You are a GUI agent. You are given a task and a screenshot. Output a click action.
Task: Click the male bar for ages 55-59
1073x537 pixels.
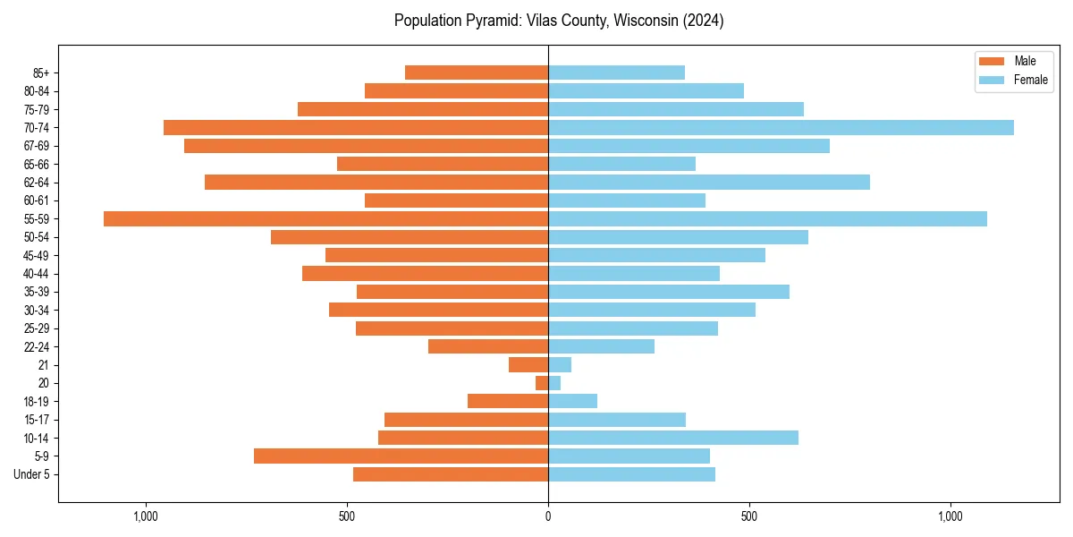coord(325,219)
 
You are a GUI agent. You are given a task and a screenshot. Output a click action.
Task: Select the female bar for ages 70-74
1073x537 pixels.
coord(781,128)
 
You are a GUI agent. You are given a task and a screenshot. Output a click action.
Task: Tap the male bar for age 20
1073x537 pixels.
coord(542,383)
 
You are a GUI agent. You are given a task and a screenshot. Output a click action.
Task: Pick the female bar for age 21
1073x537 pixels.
coord(560,365)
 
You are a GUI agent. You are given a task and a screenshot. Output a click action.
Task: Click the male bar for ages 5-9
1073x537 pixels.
coord(401,456)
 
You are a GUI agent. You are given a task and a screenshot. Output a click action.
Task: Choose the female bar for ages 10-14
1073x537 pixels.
coord(673,438)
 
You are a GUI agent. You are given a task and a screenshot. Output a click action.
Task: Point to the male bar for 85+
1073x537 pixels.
coord(477,72)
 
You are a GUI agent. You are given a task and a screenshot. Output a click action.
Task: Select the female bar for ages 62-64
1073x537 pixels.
coord(709,183)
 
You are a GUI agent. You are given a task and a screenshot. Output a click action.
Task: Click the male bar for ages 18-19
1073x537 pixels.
coord(508,401)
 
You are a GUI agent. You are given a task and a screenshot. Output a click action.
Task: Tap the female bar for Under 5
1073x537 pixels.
coord(631,474)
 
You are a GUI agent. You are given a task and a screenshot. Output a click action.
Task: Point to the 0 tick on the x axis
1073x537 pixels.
coord(548,516)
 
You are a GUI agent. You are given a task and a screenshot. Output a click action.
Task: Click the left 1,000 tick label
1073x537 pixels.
coord(146,516)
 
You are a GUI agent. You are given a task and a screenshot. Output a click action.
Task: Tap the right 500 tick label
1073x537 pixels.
coord(749,516)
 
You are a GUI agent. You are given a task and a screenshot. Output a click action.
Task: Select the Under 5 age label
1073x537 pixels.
coord(31,474)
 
